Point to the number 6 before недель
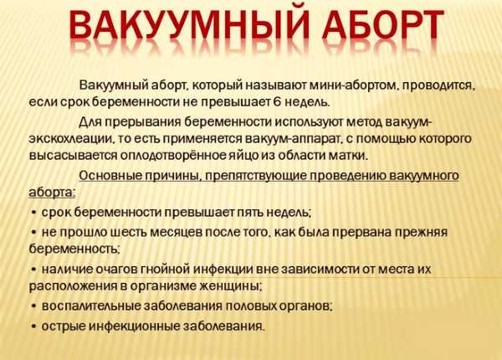[277, 102]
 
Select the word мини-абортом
[352, 85]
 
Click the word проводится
[438, 86]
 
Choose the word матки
[348, 156]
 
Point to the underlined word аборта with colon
[52, 193]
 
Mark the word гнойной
[165, 269]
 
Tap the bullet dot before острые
[33, 327]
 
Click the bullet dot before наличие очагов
[33, 270]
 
